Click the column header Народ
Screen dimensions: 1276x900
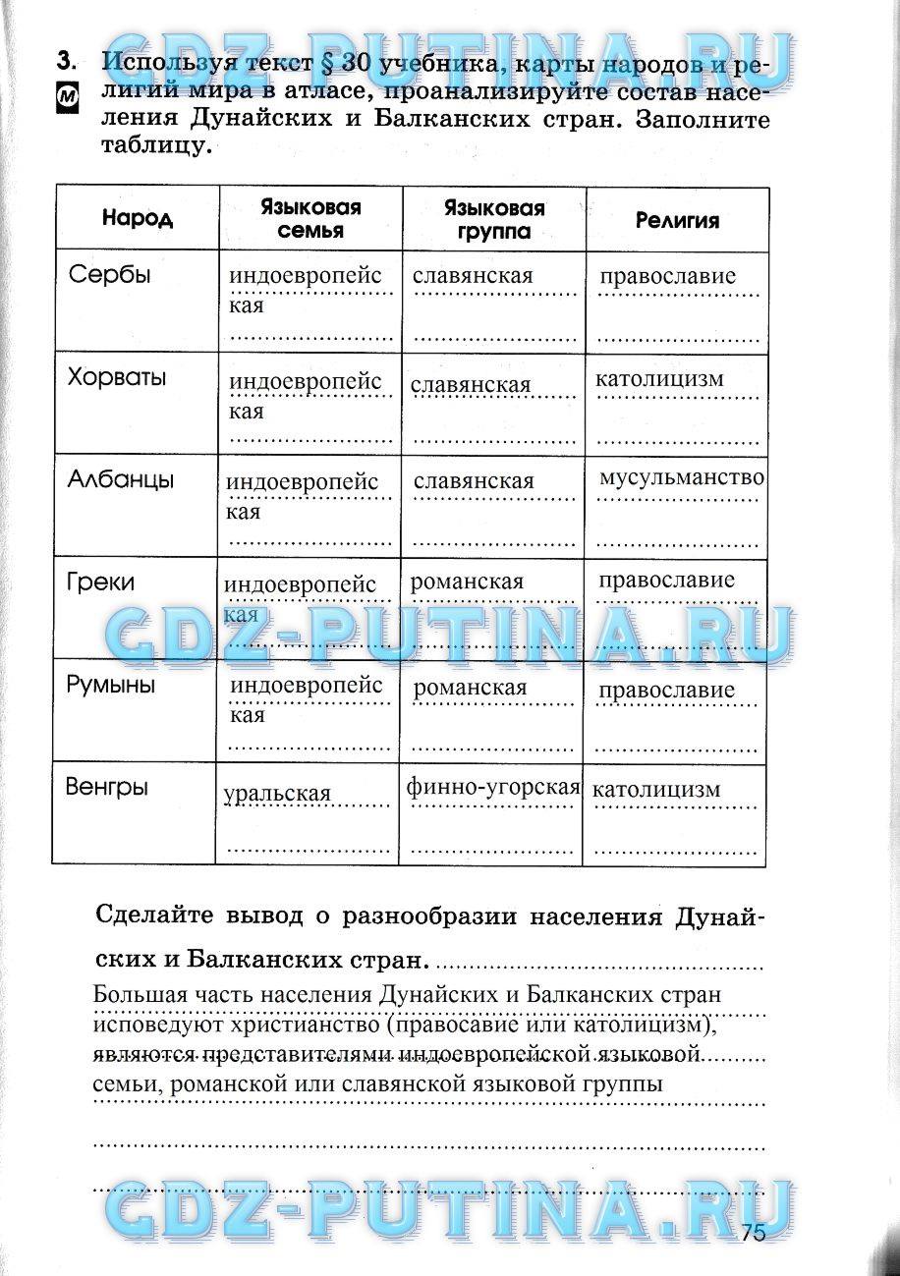pyautogui.click(x=137, y=219)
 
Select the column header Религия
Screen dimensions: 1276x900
pyautogui.click(x=677, y=221)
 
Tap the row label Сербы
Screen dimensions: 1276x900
pyautogui.click(x=110, y=275)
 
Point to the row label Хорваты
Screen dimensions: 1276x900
pyautogui.click(x=117, y=378)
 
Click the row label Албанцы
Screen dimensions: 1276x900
pyautogui.click(x=121, y=480)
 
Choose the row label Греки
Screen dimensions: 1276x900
pyautogui.click(x=100, y=583)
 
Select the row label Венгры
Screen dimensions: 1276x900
pyautogui.click(x=107, y=788)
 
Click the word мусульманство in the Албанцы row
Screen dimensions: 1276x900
pyautogui.click(x=681, y=478)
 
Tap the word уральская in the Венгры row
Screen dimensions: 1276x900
pyautogui.click(x=277, y=794)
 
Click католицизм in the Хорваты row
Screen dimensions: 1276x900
pyautogui.click(x=659, y=378)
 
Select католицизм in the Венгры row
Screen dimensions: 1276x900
pyautogui.click(x=657, y=789)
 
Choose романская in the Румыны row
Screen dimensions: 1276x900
pyautogui.click(x=470, y=688)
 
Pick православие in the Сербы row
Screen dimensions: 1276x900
pyautogui.click(x=667, y=276)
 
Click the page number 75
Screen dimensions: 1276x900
pyautogui.click(x=755, y=1234)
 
